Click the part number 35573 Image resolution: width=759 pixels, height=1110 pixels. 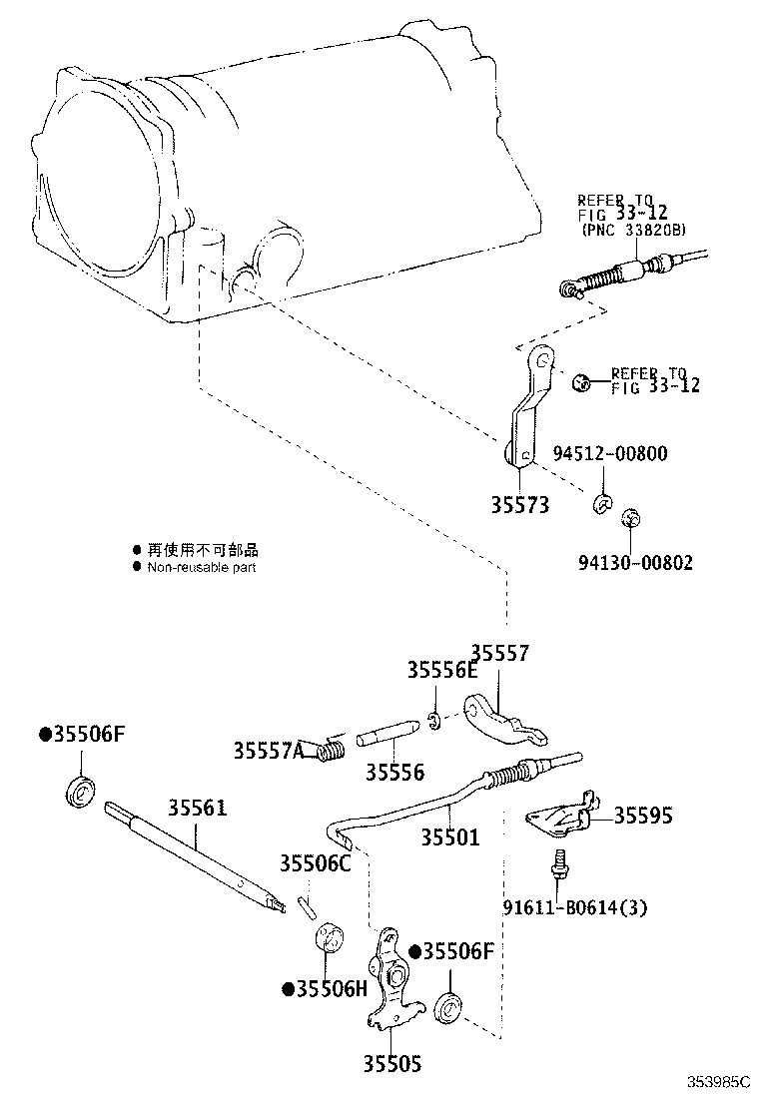tap(519, 505)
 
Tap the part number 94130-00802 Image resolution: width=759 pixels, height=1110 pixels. tap(634, 563)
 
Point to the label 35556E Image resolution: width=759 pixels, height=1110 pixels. tap(442, 670)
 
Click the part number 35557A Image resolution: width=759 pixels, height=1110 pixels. tap(269, 750)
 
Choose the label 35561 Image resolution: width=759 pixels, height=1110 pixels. tap(197, 807)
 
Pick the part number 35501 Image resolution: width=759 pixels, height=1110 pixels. tap(449, 837)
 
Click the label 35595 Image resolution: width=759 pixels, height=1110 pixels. tap(642, 816)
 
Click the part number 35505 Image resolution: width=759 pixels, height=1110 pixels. tap(391, 1065)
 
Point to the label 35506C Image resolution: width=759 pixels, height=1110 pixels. tap(315, 863)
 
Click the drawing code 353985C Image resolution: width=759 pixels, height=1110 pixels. tap(717, 1082)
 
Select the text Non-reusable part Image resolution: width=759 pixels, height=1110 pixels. tap(202, 567)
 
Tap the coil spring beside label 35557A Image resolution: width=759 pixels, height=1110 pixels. tap(330, 749)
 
